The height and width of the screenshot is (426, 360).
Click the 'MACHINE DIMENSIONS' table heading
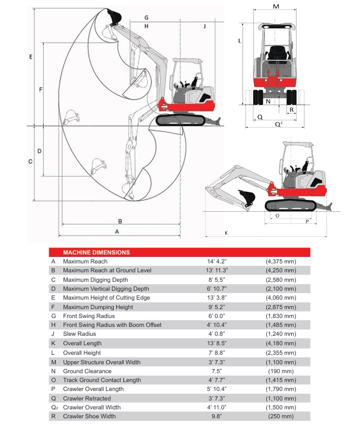click(97, 252)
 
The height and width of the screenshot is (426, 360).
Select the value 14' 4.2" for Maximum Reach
click(216, 262)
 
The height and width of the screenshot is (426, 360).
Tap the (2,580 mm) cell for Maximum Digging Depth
click(281, 280)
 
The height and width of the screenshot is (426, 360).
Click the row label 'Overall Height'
click(82, 352)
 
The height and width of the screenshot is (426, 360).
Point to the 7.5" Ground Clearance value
click(216, 371)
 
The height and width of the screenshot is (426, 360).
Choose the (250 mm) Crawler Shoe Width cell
click(281, 417)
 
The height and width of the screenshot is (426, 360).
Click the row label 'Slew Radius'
click(79, 334)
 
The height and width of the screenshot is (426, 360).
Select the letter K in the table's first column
click(53, 344)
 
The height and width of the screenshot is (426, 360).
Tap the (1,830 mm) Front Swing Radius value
click(281, 316)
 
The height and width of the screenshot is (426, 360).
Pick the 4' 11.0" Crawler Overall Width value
click(216, 407)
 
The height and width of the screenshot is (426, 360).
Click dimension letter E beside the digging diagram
click(31, 57)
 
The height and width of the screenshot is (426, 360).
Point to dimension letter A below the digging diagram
click(117, 232)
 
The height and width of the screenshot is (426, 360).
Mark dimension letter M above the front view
click(276, 7)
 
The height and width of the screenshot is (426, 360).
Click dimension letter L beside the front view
click(240, 41)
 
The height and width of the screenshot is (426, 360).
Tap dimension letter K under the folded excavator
click(226, 233)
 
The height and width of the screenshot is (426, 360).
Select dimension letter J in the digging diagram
click(205, 26)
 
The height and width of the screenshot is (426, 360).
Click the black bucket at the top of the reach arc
click(114, 17)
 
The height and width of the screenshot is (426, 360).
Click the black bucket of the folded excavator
click(247, 197)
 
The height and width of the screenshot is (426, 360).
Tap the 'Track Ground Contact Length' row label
click(102, 380)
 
